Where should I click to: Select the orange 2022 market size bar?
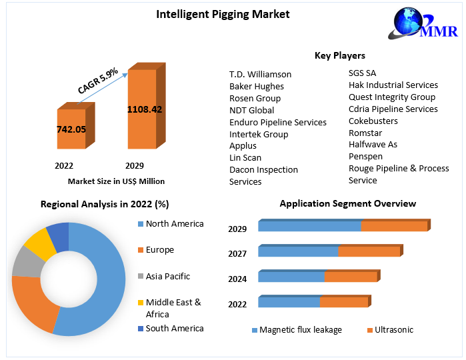71,129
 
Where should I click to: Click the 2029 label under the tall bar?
134,165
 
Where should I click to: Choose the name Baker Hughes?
256,86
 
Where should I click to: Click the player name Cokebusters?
373,121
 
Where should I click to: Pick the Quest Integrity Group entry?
391,97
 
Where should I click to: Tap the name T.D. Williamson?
260,74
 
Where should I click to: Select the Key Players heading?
339,55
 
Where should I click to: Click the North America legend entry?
174,224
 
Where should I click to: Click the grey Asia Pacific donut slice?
25,261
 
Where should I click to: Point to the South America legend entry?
174,328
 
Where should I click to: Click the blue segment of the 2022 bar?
288,302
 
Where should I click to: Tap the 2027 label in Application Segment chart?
237,253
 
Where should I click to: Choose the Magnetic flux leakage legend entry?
299,329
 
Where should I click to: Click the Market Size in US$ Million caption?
116,181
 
